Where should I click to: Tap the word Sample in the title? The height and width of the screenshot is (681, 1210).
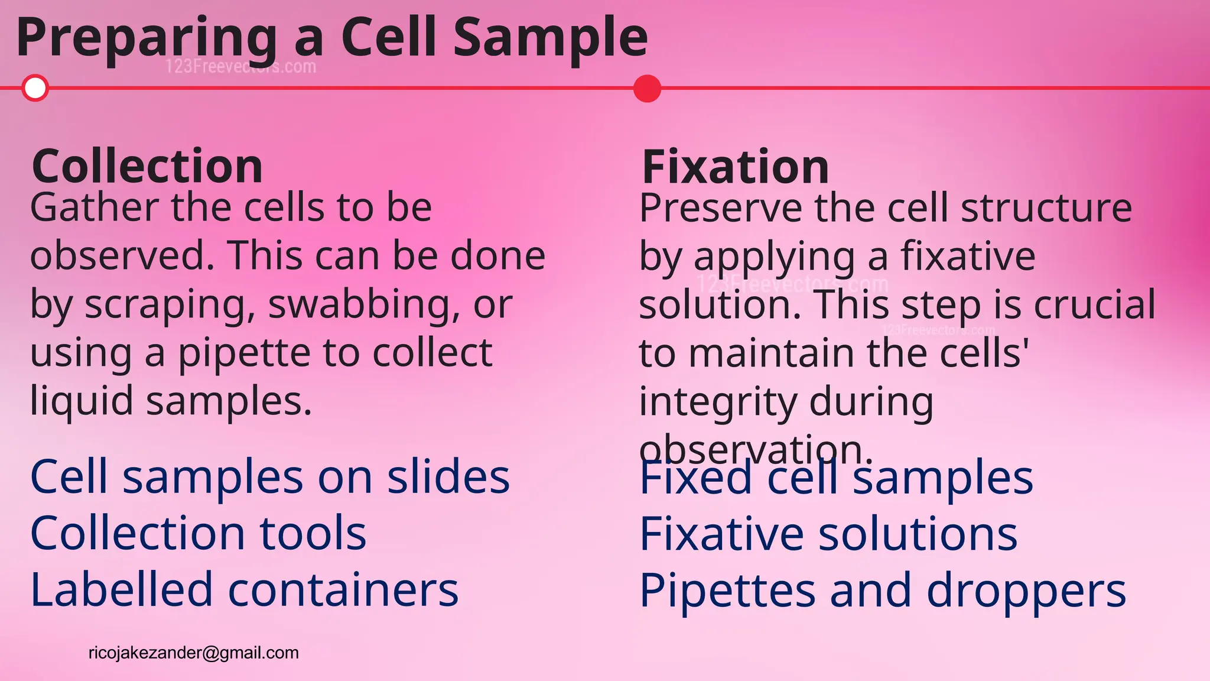550,38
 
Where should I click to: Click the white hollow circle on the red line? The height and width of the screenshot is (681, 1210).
35,88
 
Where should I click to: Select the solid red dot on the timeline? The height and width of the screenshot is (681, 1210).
647,89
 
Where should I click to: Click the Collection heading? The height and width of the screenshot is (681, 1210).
147,167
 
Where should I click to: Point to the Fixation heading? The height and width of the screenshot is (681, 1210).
735,167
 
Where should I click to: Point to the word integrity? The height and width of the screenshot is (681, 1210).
718,402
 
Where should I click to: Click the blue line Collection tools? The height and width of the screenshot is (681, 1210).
198,533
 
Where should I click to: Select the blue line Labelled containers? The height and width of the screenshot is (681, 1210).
244,590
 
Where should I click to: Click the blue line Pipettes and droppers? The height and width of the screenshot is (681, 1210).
883,591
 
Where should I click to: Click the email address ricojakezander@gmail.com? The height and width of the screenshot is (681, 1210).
194,653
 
